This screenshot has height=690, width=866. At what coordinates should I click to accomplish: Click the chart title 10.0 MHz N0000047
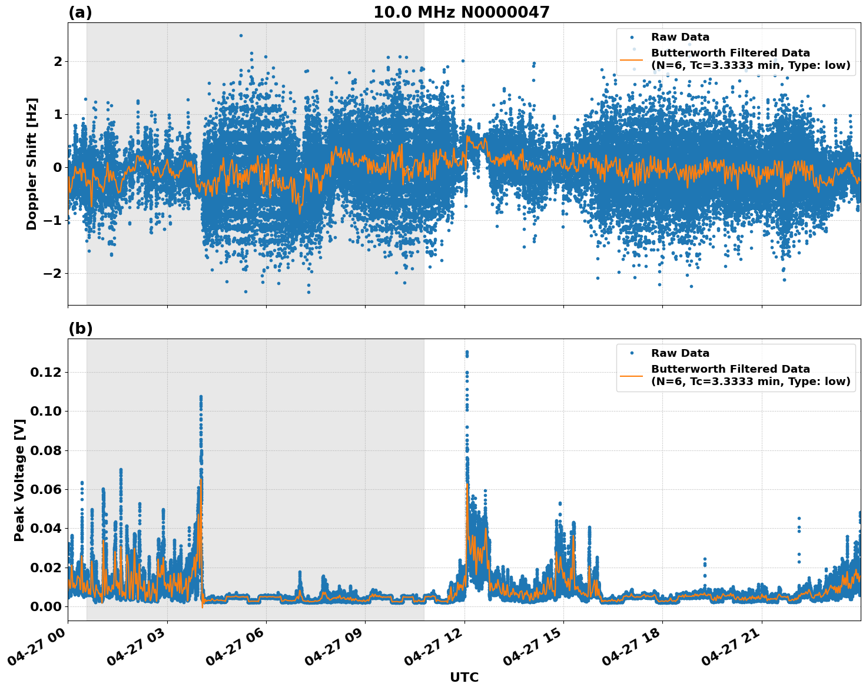461,12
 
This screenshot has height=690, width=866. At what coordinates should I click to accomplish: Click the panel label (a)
80,12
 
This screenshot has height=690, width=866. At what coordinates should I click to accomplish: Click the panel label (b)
80,329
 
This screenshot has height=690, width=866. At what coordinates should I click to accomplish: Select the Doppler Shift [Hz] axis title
32,164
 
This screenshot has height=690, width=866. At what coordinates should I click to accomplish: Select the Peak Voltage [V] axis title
19,480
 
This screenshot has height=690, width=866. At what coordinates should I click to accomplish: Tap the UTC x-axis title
464,677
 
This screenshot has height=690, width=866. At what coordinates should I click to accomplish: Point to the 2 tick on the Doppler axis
58,61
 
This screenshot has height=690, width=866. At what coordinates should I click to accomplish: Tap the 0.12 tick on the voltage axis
46,372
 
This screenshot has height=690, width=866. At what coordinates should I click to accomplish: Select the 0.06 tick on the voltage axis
46,489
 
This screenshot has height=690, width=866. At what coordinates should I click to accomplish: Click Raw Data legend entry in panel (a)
680,37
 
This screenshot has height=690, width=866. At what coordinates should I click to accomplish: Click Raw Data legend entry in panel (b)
680,353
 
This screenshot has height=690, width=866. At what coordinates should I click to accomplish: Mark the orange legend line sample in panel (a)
632,59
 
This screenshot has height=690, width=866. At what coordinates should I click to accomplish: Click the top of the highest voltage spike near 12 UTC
467,351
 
